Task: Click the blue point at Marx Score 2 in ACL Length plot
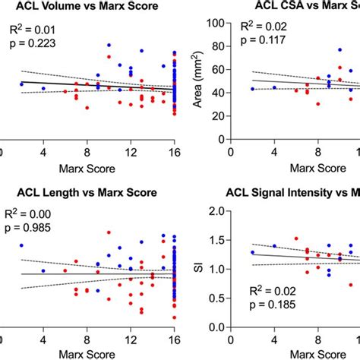21,245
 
